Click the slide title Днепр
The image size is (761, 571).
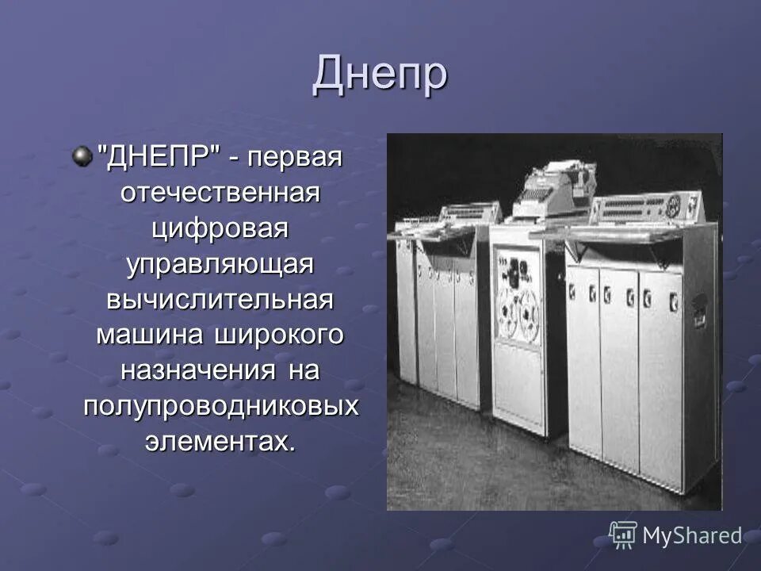pyautogui.click(x=380, y=75)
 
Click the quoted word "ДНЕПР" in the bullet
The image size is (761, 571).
pyautogui.click(x=158, y=157)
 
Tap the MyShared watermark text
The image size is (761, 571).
pyautogui.click(x=692, y=536)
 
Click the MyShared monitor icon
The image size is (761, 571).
pyautogui.click(x=623, y=535)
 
